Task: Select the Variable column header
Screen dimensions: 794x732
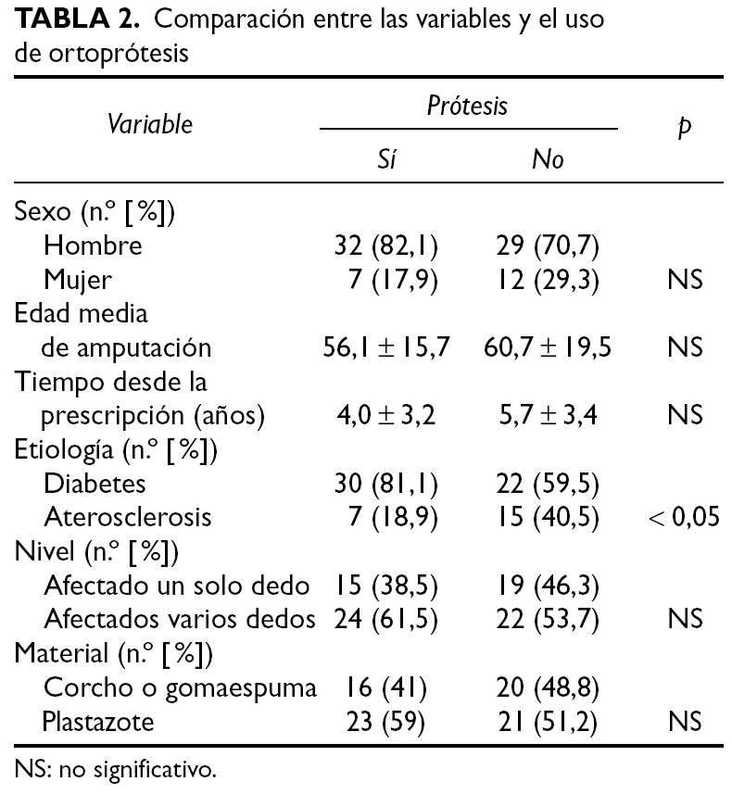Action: click(150, 124)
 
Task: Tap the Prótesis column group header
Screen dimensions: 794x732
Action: click(468, 106)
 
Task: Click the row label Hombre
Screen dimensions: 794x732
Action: click(94, 246)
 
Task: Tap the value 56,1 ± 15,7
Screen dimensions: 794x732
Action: click(386, 347)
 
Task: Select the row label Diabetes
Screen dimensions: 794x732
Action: click(95, 484)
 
